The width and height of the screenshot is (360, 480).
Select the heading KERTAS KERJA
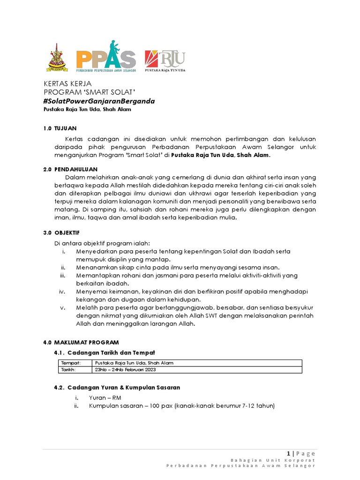[x=66, y=84]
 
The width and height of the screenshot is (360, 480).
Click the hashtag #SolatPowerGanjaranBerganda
[x=98, y=101]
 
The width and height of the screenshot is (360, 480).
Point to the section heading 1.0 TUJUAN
[x=60, y=128]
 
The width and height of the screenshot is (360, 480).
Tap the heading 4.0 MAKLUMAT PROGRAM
[x=81, y=342]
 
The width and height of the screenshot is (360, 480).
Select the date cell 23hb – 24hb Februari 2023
[x=125, y=370]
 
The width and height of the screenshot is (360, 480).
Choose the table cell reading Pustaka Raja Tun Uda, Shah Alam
[x=134, y=363]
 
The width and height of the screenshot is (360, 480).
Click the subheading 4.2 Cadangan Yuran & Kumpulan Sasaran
[x=117, y=388]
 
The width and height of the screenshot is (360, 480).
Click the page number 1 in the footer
[x=289, y=453]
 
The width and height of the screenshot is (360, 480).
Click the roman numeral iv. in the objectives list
[x=62, y=291]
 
